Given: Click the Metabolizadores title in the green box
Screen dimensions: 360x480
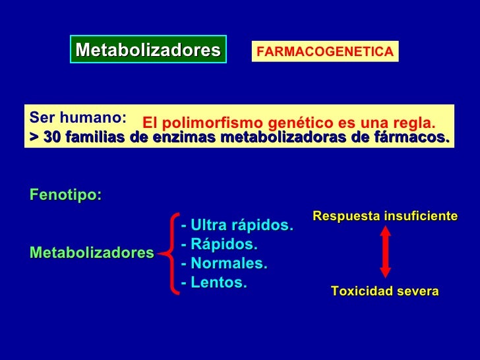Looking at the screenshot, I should pos(148,49).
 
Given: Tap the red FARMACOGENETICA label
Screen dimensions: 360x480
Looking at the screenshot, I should pos(324,51).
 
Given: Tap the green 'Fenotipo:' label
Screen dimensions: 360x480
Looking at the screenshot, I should pos(65,196).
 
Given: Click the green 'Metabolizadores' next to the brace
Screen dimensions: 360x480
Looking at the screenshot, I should pos(92,253).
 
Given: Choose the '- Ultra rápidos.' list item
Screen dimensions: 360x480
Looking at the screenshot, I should pos(236,225).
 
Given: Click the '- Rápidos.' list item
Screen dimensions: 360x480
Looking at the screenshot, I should pos(219,245).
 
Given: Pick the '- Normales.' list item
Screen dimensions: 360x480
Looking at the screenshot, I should pos(224,264).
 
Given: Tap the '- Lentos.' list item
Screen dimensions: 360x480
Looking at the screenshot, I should pos(214,283).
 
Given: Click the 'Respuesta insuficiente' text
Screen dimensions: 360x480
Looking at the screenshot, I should pos(384,216).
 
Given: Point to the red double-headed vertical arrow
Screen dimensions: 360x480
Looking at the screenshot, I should pos(385,253).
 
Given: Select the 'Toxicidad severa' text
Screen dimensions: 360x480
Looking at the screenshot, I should pos(384,291).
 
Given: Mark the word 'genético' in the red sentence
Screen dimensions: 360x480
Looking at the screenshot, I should pos(295,123).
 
